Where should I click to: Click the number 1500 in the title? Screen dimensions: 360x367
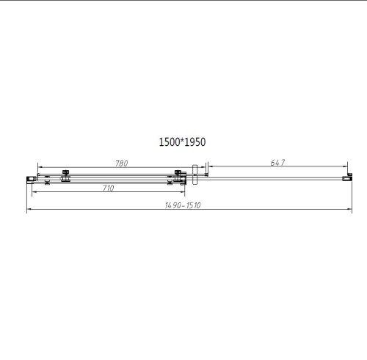[x=172, y=142]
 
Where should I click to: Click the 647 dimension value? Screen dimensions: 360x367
[x=277, y=164]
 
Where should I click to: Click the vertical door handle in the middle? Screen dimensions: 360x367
[x=195, y=176]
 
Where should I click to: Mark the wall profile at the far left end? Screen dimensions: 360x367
[x=30, y=177]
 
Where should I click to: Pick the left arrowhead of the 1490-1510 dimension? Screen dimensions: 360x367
[x=29, y=210]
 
